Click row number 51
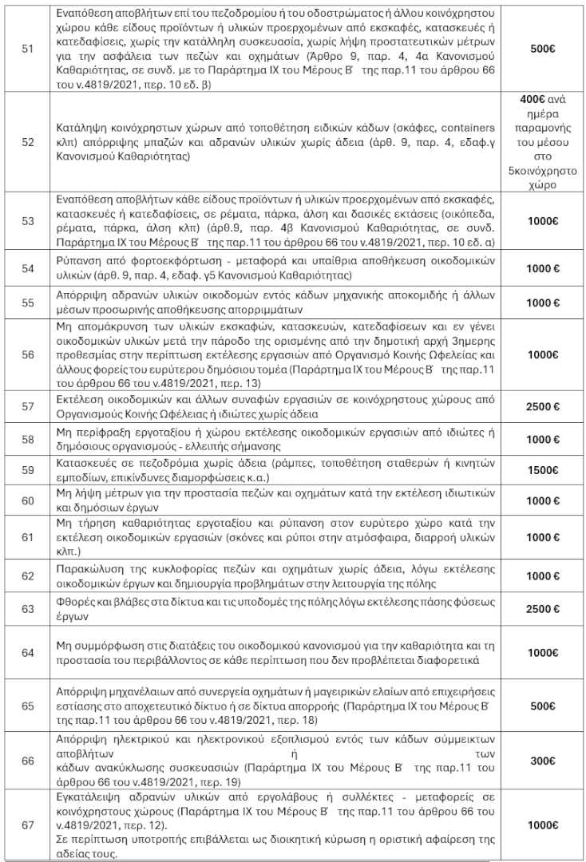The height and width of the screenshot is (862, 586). (x=27, y=49)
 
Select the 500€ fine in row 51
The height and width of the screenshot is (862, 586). (x=543, y=49)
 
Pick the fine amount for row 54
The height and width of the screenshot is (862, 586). (x=543, y=268)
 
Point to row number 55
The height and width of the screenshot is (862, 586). (x=27, y=303)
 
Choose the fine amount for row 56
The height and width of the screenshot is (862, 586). (x=543, y=354)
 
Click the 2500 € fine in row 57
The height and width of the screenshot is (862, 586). (x=543, y=406)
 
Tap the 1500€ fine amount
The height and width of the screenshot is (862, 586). (x=543, y=471)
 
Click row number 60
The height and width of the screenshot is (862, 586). (x=27, y=500)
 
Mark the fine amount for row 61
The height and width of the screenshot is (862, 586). (x=543, y=538)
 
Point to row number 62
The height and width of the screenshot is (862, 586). (x=27, y=575)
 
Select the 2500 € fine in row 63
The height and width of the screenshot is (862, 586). (x=543, y=609)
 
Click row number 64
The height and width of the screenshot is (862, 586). (x=27, y=653)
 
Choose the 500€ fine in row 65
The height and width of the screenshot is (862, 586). (x=543, y=706)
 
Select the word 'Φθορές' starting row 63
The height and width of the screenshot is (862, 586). (x=77, y=603)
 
